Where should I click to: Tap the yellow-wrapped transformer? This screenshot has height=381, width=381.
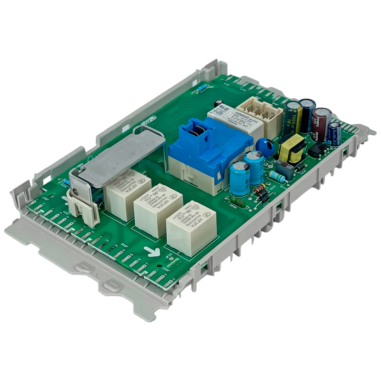click(291, 149)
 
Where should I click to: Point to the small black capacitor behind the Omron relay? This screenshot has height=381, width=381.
click(218, 104)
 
